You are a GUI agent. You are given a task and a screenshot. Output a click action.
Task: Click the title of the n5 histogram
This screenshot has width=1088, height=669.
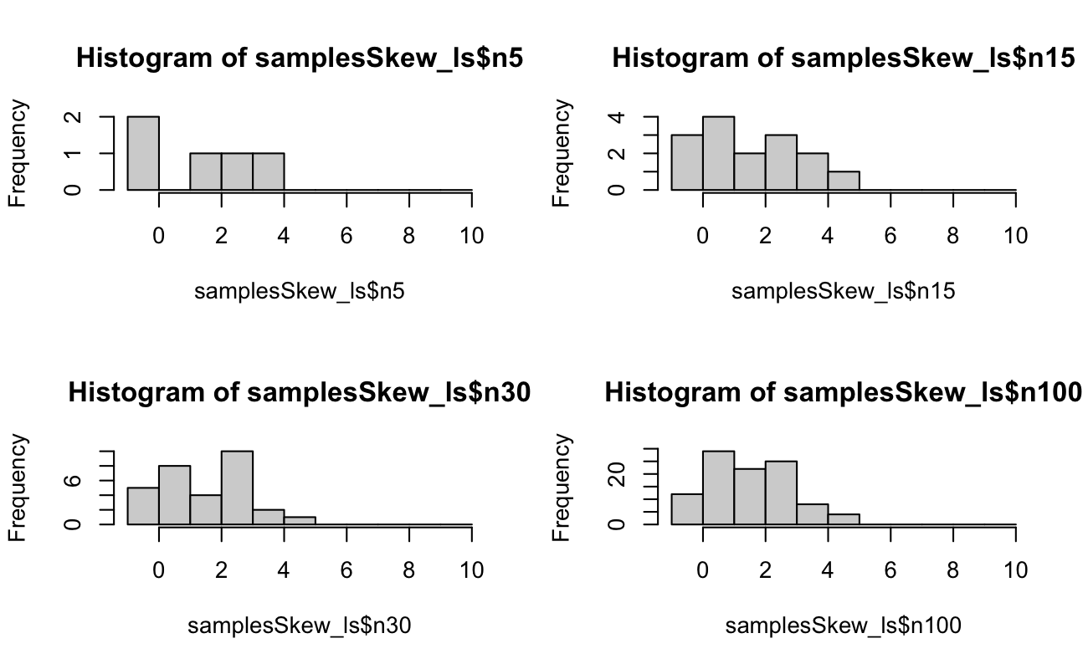point(300,59)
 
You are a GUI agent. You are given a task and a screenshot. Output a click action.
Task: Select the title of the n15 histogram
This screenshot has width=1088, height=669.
point(844,59)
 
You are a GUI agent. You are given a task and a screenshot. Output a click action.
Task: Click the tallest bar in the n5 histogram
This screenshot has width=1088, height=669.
point(143,154)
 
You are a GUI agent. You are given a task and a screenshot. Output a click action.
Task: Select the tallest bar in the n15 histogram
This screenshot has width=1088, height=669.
point(718,154)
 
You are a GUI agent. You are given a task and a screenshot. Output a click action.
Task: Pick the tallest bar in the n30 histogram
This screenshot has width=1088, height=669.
point(237,488)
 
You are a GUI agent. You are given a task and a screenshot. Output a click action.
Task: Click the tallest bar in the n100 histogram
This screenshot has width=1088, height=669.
point(718,488)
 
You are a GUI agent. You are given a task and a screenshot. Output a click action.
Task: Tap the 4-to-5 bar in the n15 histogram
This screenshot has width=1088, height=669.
point(844,181)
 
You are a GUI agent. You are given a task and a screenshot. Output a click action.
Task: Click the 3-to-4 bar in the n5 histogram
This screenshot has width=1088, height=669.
point(269,172)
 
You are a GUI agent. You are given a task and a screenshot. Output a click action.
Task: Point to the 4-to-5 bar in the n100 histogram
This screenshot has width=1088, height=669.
point(844,519)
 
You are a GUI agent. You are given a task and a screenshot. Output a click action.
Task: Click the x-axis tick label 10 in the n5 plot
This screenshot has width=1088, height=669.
point(471,236)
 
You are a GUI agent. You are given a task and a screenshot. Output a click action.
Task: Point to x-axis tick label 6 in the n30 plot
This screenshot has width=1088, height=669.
point(346,570)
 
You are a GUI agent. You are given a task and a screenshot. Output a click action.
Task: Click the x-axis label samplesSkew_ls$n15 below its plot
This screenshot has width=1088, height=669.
point(844,291)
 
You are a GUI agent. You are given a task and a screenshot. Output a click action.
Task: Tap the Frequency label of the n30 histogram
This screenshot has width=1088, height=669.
point(18,488)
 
